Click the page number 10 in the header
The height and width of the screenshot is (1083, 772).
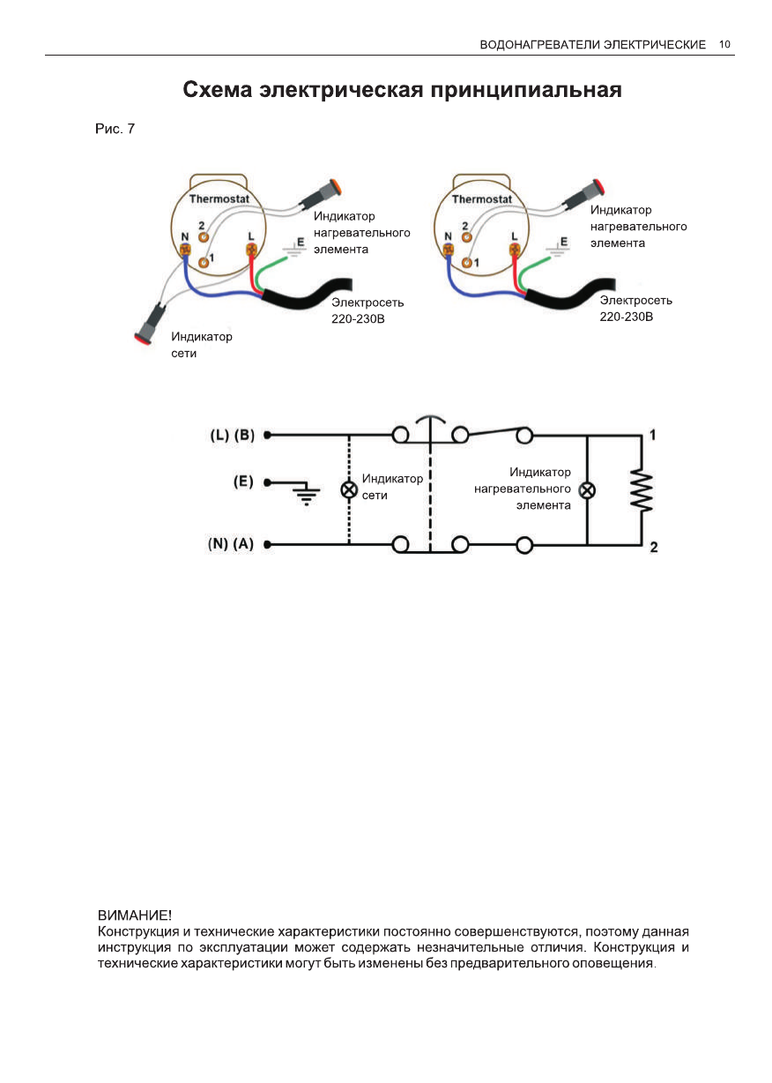[725, 44]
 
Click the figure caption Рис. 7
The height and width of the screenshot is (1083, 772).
[115, 130]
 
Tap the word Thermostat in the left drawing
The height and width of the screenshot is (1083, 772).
[219, 198]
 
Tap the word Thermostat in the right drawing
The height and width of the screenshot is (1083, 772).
[482, 198]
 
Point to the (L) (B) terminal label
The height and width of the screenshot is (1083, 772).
[233, 435]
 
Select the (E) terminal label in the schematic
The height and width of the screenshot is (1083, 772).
[243, 482]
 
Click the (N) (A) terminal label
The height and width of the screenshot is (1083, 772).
[231, 544]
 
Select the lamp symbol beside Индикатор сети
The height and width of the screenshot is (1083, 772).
[349, 489]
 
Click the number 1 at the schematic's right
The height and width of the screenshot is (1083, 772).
[653, 435]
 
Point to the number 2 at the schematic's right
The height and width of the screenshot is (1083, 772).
[653, 548]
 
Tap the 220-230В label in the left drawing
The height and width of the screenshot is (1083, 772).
[358, 317]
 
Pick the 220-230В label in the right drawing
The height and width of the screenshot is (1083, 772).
[627, 316]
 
